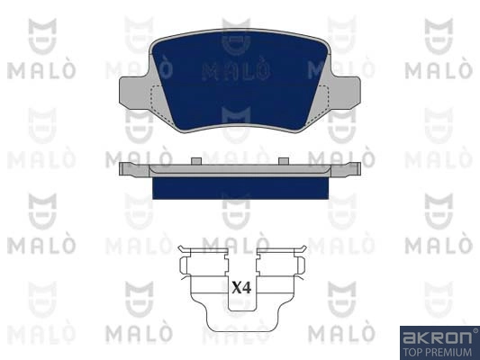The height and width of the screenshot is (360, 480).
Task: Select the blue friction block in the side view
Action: [240, 188]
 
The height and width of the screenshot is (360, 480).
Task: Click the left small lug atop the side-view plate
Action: [196, 161]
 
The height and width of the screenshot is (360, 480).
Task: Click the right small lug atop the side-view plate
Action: [284, 161]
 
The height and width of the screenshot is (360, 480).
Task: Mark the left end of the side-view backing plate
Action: [121, 169]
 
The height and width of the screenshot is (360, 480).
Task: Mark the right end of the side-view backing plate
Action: [359, 169]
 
